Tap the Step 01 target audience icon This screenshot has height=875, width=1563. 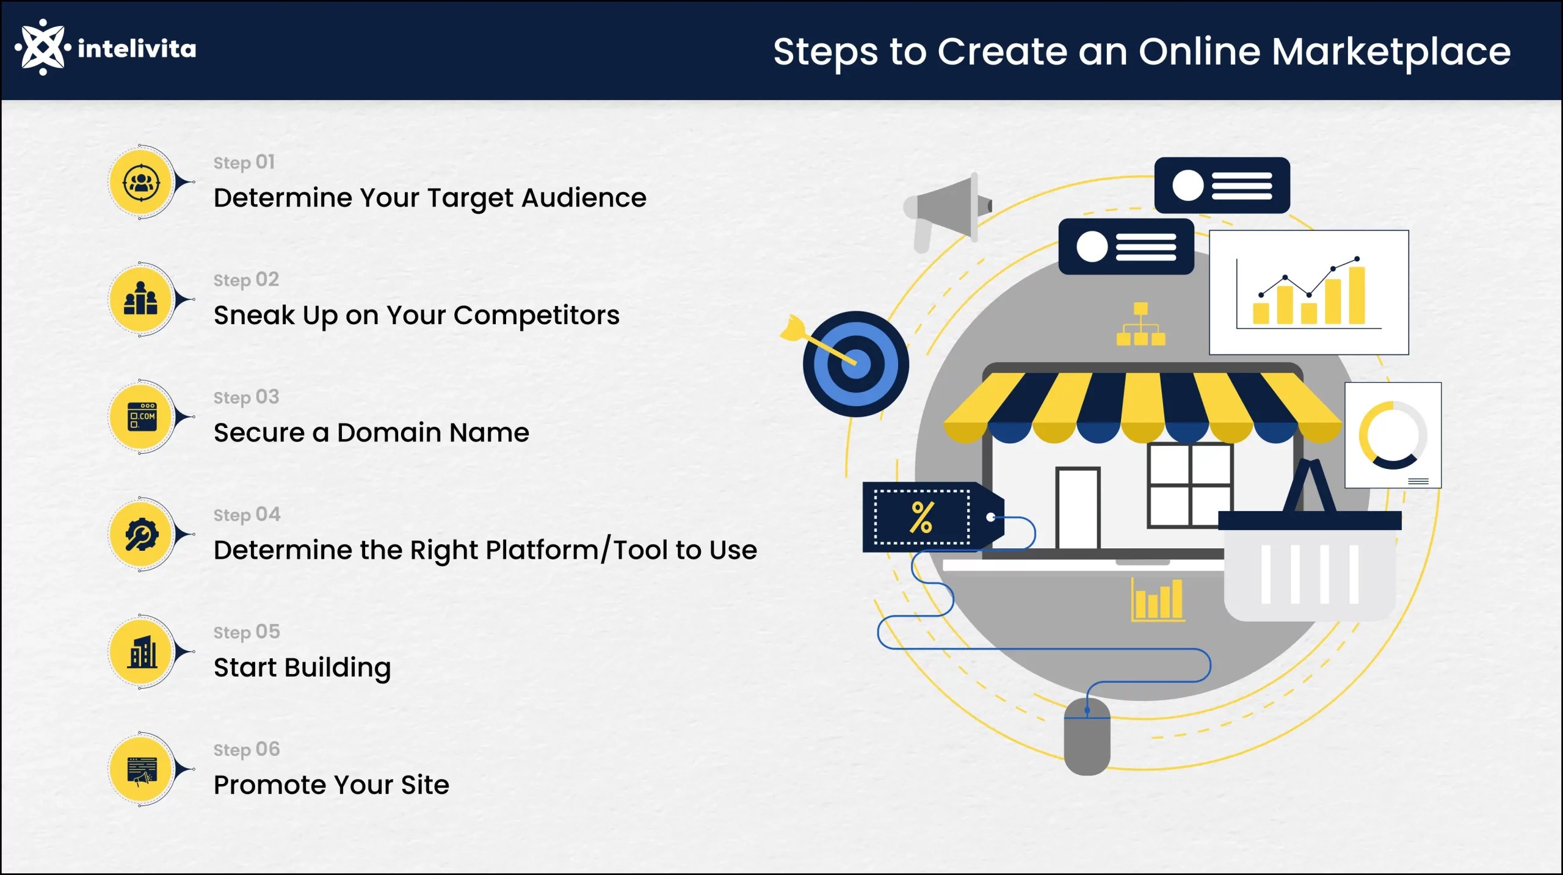click(142, 183)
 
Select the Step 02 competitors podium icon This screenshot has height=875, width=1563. click(141, 299)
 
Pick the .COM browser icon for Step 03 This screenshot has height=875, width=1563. click(142, 417)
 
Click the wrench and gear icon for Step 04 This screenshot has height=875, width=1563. click(142, 534)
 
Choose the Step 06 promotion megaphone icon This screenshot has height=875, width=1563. click(142, 769)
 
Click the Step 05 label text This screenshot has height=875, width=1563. click(247, 632)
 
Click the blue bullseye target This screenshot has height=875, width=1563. click(856, 365)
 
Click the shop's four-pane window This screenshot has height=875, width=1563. click(1189, 485)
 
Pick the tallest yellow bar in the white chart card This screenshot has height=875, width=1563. click(1357, 296)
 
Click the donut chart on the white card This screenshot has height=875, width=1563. click(1393, 435)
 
